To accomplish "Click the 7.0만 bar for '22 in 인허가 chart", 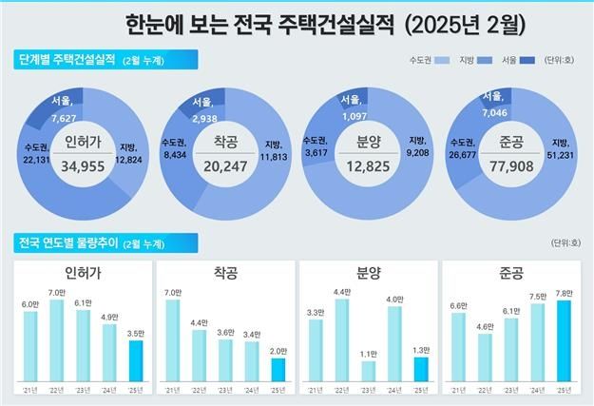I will (56, 338).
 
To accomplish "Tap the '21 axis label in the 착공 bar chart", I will (172, 390).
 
